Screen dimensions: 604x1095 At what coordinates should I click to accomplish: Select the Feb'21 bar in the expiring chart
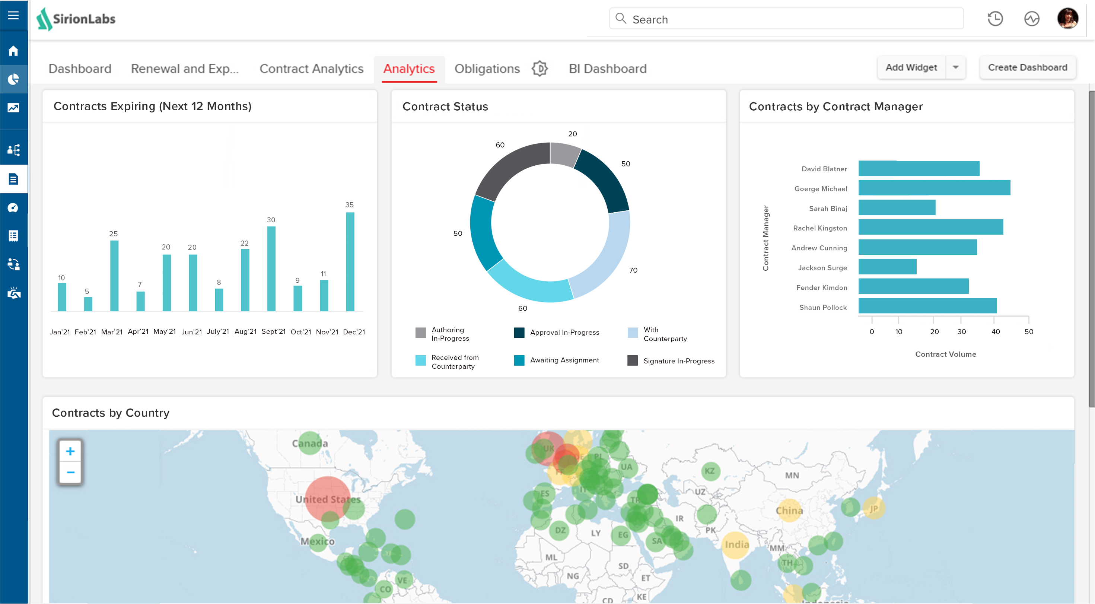coord(88,304)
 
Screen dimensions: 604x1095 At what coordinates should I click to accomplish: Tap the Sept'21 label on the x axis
coord(273,331)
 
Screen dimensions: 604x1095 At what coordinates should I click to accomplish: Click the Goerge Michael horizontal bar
coord(934,187)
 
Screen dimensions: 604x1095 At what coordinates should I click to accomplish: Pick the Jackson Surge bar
coord(887,267)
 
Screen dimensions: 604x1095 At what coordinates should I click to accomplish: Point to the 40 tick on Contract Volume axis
coord(995,331)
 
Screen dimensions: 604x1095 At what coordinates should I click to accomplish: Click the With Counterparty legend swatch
coord(633,333)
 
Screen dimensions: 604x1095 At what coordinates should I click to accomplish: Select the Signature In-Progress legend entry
coord(678,361)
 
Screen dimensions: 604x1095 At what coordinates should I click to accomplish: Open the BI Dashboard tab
coord(607,69)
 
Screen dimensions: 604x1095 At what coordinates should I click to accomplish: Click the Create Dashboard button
coord(1027,67)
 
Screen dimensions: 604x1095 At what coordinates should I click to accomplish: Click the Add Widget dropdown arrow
coord(956,67)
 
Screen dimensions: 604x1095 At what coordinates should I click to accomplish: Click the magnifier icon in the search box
coord(621,18)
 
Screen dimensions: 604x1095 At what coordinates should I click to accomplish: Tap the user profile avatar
coord(1067,18)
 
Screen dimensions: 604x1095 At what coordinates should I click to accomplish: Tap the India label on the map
coord(737,544)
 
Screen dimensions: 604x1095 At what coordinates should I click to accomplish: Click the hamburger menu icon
coord(13,15)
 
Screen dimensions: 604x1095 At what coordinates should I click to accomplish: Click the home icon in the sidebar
coord(13,51)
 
